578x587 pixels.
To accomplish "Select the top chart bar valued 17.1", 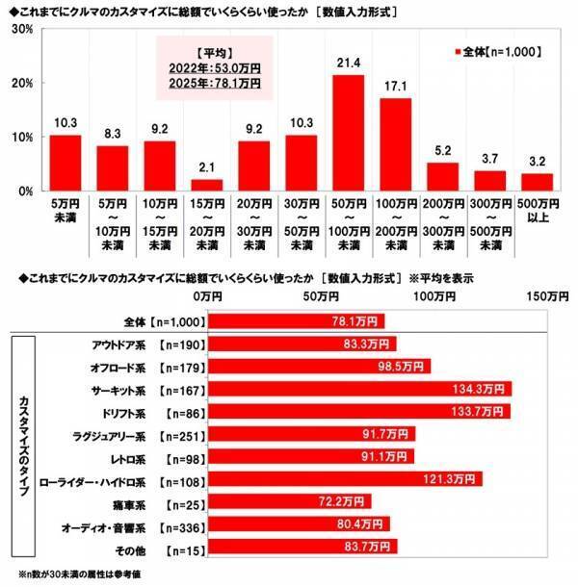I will [395, 144].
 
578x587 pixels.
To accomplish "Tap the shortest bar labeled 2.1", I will [206, 185].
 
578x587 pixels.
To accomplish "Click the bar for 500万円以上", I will [537, 182].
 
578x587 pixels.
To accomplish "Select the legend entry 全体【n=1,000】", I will [493, 50].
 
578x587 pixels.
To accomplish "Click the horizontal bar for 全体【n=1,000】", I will [297, 320].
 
